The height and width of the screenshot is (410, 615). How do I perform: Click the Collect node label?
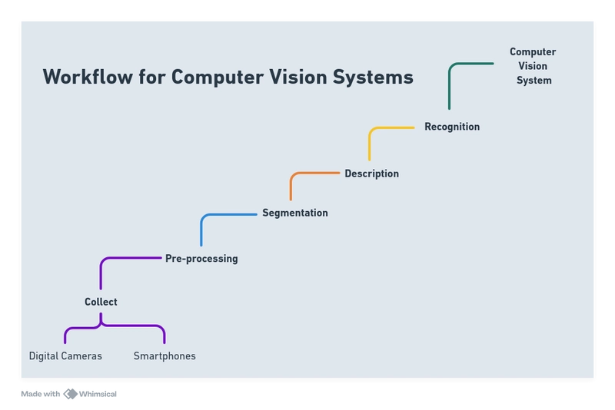pyautogui.click(x=101, y=302)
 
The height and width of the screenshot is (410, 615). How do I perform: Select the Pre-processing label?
pyautogui.click(x=201, y=259)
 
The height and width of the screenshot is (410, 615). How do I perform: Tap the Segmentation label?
pyautogui.click(x=295, y=213)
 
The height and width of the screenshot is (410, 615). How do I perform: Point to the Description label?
pyautogui.click(x=372, y=174)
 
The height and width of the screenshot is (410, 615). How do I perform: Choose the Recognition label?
pyautogui.click(x=452, y=127)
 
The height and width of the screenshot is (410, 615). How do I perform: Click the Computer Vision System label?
pyautogui.click(x=533, y=66)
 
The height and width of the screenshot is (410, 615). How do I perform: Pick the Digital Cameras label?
pyautogui.click(x=65, y=356)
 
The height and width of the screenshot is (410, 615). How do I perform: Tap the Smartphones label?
pyautogui.click(x=165, y=356)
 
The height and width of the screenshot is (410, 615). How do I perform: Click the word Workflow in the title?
pyautogui.click(x=88, y=76)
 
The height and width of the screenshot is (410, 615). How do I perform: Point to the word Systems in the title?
pyautogui.click(x=373, y=77)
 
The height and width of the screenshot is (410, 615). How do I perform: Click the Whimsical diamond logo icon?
pyautogui.click(x=71, y=394)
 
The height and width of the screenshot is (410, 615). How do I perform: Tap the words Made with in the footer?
pyautogui.click(x=41, y=394)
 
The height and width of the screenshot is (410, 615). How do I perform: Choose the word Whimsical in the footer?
pyautogui.click(x=98, y=394)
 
